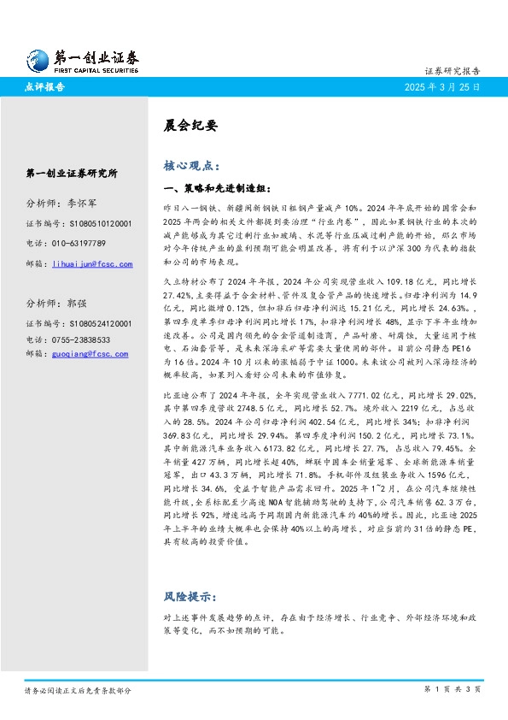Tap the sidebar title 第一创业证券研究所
tap(73, 174)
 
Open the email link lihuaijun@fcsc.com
tap(92, 264)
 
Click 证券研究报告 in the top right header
tap(452, 71)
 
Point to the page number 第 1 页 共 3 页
tap(453, 689)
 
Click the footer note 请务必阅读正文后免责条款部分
tap(78, 690)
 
